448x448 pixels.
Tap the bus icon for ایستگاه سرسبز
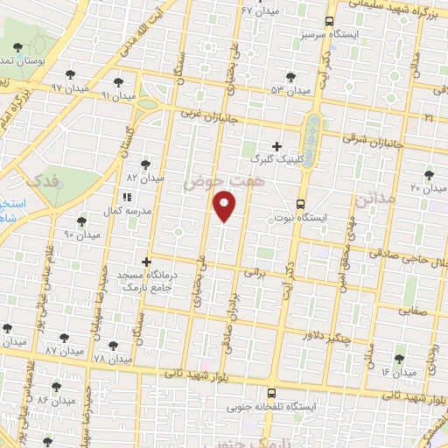330,21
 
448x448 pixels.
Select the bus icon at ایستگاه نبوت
300,200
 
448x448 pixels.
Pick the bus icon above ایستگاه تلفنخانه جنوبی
271,393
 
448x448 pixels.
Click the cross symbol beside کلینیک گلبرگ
277,146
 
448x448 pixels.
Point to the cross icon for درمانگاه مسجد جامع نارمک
146,261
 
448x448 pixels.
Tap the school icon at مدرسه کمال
126,199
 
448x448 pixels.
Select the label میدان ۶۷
259,10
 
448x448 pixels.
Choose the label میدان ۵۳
290,89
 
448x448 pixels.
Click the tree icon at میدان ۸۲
145,163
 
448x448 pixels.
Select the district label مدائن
375,200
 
